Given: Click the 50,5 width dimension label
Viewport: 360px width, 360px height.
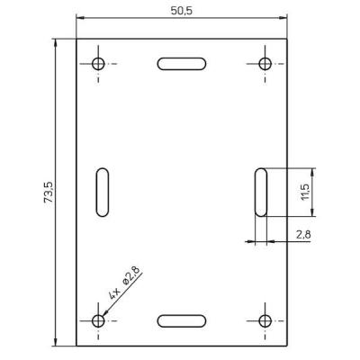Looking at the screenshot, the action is [x=182, y=11].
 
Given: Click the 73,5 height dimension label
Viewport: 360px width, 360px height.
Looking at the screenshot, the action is [x=49, y=192].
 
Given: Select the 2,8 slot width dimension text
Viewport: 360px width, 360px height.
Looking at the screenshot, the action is [x=303, y=235].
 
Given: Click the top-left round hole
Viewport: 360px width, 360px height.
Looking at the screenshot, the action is [x=98, y=64].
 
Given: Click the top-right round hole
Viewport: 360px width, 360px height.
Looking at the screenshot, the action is [x=265, y=64].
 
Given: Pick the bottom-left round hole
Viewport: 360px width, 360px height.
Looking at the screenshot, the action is [x=98, y=320].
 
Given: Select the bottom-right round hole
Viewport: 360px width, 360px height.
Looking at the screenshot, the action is [x=265, y=320].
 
